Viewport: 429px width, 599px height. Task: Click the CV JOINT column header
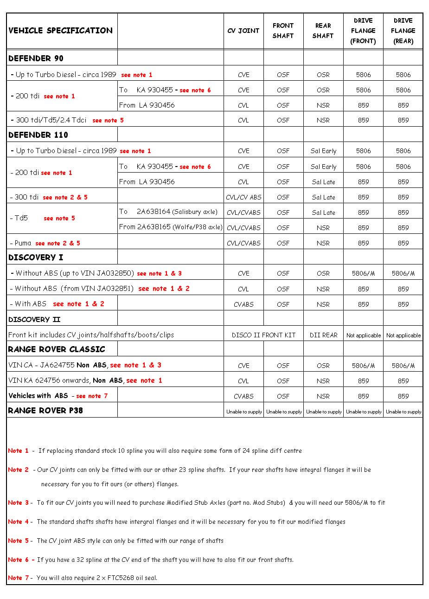pyautogui.click(x=243, y=31)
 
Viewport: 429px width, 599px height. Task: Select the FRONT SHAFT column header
pyautogui.click(x=283, y=31)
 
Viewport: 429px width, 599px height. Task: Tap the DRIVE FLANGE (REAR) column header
pyautogui.click(x=403, y=31)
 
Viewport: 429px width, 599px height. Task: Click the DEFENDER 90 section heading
pyautogui.click(x=36, y=58)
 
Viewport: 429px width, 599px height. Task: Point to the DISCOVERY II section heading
pyautogui.click(x=34, y=319)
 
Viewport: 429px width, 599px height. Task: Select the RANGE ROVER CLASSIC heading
pyautogui.click(x=57, y=349)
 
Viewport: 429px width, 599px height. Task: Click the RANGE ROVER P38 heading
pyautogui.click(x=45, y=410)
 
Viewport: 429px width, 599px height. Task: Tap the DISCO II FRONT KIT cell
pyautogui.click(x=263, y=335)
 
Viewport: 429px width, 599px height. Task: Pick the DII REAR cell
pyautogui.click(x=323, y=335)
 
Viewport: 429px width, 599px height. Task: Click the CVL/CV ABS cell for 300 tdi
pyautogui.click(x=243, y=197)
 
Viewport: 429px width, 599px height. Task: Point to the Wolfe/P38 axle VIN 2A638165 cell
pyautogui.click(x=171, y=227)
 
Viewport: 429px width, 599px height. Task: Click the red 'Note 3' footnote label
pyautogui.click(x=18, y=502)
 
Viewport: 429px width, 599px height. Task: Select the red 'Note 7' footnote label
pyautogui.click(x=18, y=578)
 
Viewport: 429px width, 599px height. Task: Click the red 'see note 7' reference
pyautogui.click(x=92, y=396)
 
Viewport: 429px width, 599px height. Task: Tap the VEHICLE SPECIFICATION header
pyautogui.click(x=60, y=31)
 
